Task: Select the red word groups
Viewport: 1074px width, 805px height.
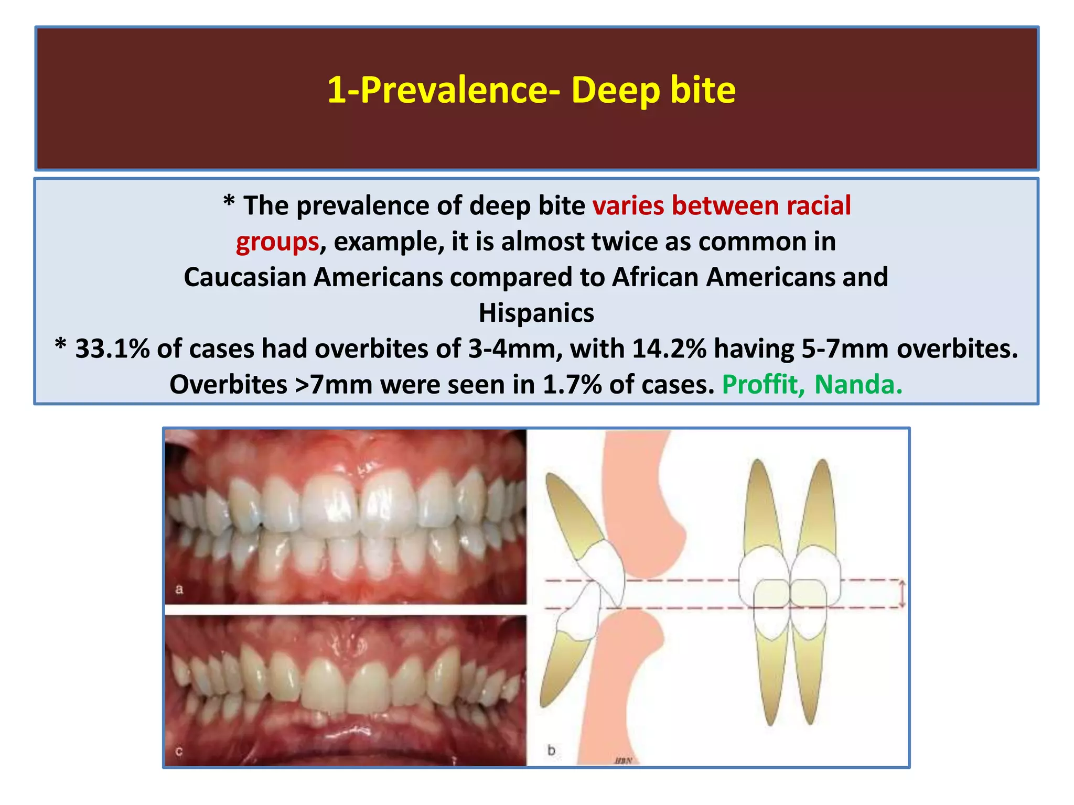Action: click(x=277, y=242)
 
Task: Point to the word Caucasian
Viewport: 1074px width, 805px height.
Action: click(x=245, y=277)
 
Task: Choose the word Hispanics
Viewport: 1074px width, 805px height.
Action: click(x=536, y=313)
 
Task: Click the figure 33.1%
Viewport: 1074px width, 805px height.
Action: click(x=112, y=349)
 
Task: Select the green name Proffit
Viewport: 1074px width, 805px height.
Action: click(x=763, y=385)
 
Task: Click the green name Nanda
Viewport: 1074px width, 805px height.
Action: click(x=858, y=385)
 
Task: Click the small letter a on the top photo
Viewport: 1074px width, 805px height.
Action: click(x=179, y=590)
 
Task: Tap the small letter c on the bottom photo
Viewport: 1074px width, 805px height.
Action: click(x=179, y=752)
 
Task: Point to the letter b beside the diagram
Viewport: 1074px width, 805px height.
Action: click(x=551, y=750)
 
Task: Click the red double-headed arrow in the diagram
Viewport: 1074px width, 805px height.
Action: click(x=902, y=594)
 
